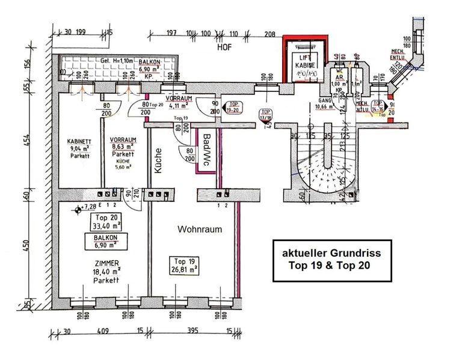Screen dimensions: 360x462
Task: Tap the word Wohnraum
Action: (x=200, y=229)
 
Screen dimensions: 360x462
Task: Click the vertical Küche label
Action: (x=160, y=162)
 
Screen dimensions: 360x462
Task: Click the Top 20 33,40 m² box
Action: (x=105, y=222)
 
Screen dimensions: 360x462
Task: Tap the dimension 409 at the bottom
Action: (x=103, y=330)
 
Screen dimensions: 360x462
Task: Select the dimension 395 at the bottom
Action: (x=191, y=330)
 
